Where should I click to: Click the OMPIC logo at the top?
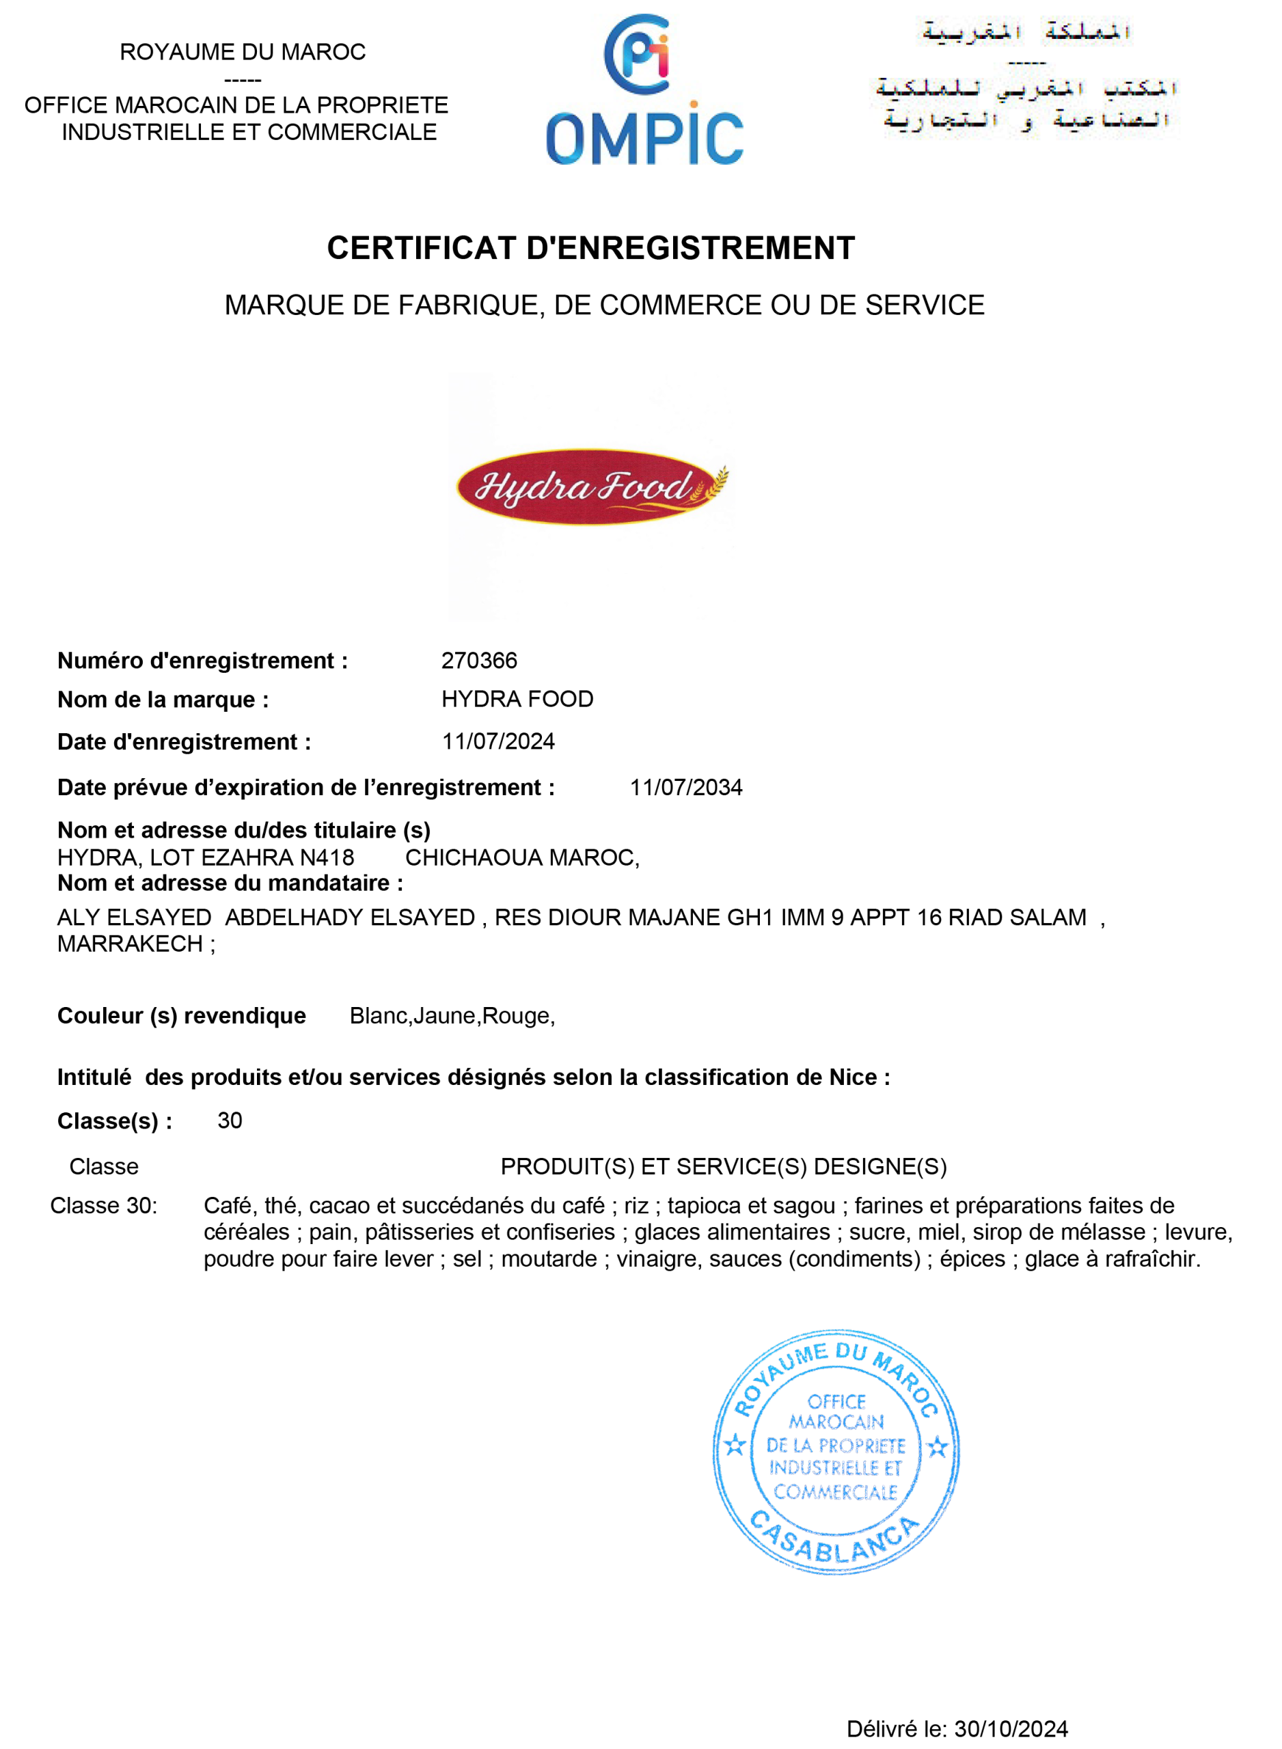point(644,92)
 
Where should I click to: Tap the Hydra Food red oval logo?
point(591,487)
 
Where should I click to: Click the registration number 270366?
point(479,660)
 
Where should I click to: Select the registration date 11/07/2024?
point(498,741)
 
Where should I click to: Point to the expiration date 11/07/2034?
point(686,787)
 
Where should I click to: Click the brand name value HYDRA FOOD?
point(517,699)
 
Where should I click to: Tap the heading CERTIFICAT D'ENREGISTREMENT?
point(590,248)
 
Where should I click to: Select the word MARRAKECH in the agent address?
point(131,944)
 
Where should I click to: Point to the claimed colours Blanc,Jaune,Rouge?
point(452,1015)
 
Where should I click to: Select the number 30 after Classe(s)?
point(230,1120)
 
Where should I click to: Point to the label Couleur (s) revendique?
point(182,1016)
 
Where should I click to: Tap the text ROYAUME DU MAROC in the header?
point(242,52)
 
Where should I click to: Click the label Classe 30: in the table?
point(104,1205)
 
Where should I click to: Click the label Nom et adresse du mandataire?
point(230,883)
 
